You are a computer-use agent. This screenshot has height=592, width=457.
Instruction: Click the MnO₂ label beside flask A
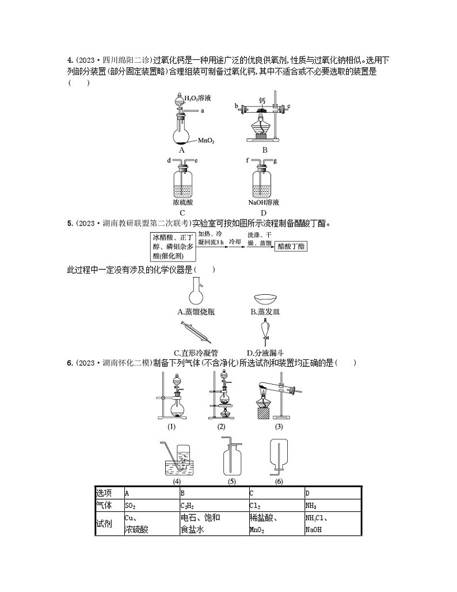[207, 141]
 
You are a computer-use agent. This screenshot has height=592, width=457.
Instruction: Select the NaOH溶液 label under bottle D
[264, 203]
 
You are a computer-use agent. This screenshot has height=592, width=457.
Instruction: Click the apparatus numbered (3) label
[279, 427]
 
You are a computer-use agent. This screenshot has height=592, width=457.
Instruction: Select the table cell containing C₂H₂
[214, 505]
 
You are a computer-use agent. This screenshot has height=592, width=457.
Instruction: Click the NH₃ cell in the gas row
[332, 505]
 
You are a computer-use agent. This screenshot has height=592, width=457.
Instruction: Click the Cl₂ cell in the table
[276, 505]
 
